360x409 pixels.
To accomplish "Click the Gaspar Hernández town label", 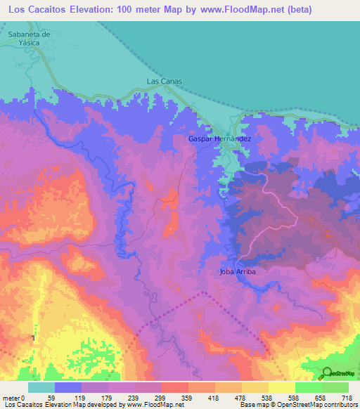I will point(219,139).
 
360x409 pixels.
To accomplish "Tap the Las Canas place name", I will point(164,82).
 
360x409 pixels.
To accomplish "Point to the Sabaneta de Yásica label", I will point(30,37).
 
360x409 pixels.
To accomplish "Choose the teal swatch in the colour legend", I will point(41,388).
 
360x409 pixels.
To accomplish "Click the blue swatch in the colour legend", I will point(68,388).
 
